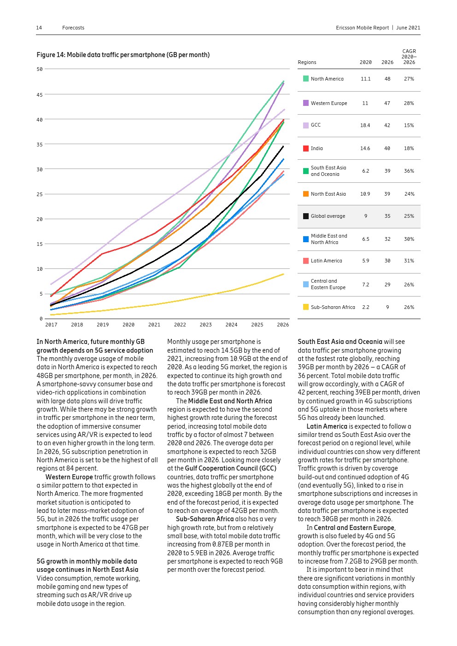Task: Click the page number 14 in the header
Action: [x=39, y=28]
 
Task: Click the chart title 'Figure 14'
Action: [x=123, y=55]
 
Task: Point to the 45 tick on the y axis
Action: [x=40, y=95]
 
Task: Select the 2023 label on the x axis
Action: [x=205, y=325]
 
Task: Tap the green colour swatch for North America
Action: [x=306, y=79]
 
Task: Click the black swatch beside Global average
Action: [x=306, y=216]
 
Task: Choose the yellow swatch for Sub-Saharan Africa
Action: [x=306, y=307]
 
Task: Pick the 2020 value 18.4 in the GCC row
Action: [x=365, y=125]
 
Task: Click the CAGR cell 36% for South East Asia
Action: [x=409, y=171]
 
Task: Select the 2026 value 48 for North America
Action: [x=387, y=79]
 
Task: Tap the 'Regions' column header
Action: [x=307, y=62]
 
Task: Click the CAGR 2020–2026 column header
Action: [x=409, y=57]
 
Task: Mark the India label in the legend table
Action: [x=316, y=148]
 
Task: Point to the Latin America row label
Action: [x=326, y=261]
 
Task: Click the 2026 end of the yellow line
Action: [x=283, y=274]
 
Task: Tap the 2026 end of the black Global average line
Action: [x=283, y=146]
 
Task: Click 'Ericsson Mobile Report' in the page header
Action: [x=362, y=28]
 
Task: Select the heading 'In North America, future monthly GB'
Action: [x=90, y=342]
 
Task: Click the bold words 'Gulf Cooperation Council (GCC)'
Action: [x=230, y=468]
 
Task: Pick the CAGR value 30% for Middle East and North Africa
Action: [x=409, y=239]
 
